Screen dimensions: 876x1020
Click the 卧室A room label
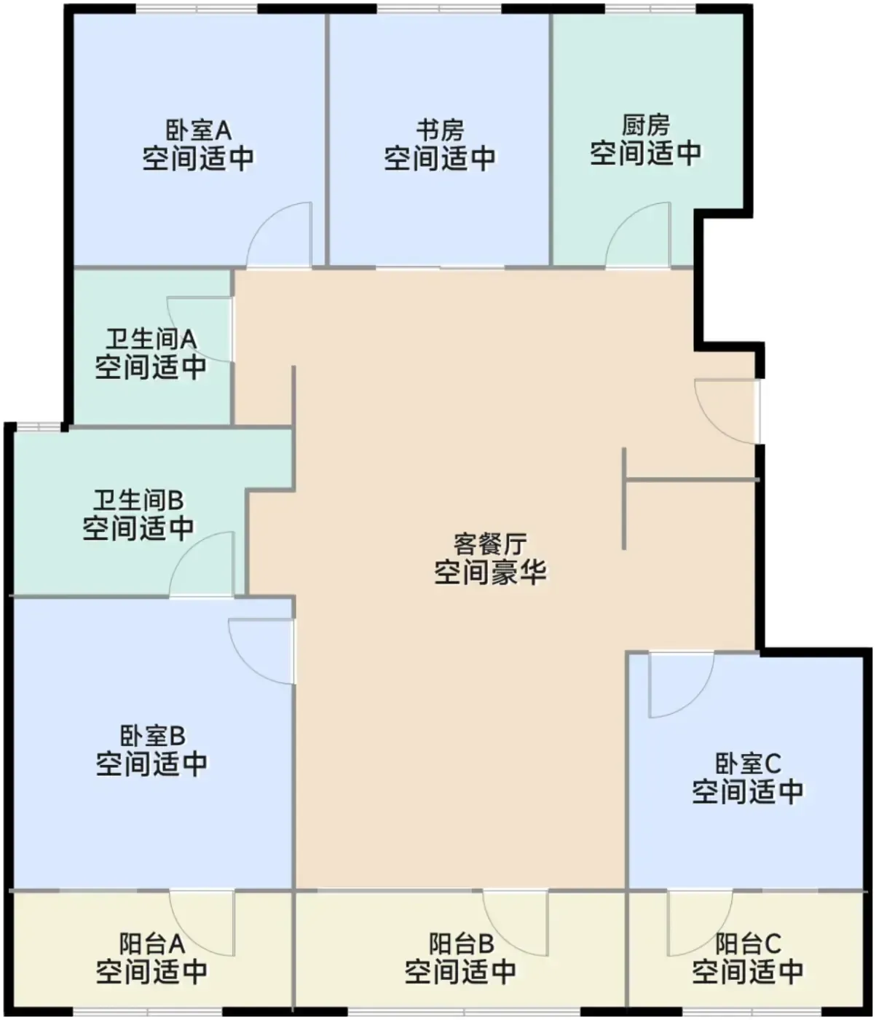198,130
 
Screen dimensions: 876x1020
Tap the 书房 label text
440,130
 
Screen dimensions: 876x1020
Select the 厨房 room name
646,125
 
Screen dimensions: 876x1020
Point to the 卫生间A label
151,340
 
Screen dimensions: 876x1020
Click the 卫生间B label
138,501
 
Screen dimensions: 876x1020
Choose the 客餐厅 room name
490,544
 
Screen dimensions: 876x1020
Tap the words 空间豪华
490,573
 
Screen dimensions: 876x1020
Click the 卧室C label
748,764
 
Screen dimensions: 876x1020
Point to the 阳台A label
152,944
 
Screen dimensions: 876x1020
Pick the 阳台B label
461,944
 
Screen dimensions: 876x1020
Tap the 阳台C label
748,944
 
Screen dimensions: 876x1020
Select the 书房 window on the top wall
440,9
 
